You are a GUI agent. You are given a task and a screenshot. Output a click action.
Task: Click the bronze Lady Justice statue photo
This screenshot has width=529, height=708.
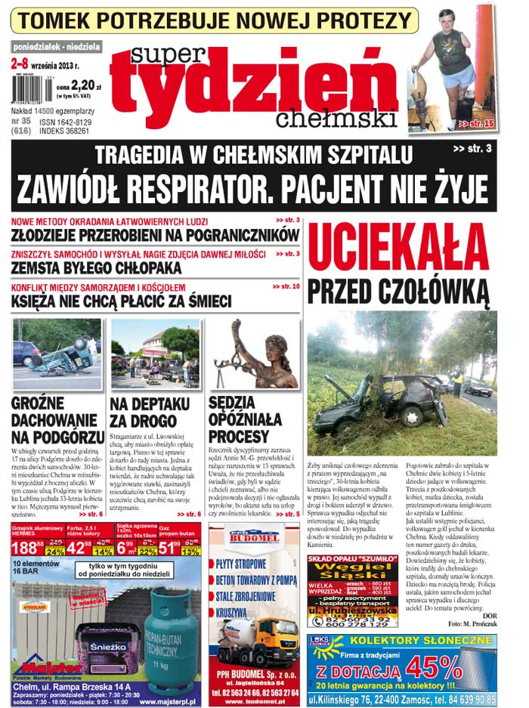[253, 353]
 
